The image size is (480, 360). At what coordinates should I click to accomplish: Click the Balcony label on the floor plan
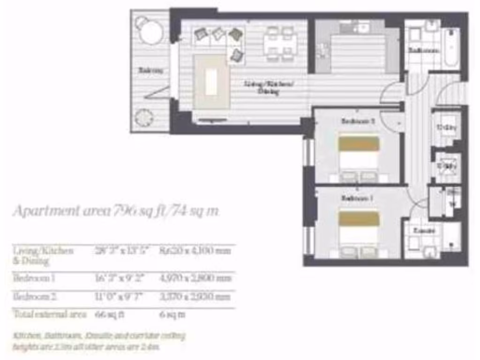click(150, 71)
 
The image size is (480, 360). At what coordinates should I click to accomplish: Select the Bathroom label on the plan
click(423, 50)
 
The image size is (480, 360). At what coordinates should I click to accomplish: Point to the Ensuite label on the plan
click(424, 231)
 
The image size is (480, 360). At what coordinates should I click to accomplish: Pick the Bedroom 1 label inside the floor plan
click(357, 198)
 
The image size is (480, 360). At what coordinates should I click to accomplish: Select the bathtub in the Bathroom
click(451, 47)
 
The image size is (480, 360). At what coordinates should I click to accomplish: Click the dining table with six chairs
click(280, 44)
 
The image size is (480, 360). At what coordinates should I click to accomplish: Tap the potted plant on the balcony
click(144, 118)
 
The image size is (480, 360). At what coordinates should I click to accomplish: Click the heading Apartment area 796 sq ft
click(115, 211)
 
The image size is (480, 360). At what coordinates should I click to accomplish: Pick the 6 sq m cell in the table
click(172, 315)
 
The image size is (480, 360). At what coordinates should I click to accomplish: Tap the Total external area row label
click(49, 315)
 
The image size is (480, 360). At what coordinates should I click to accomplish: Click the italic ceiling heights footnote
click(99, 341)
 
